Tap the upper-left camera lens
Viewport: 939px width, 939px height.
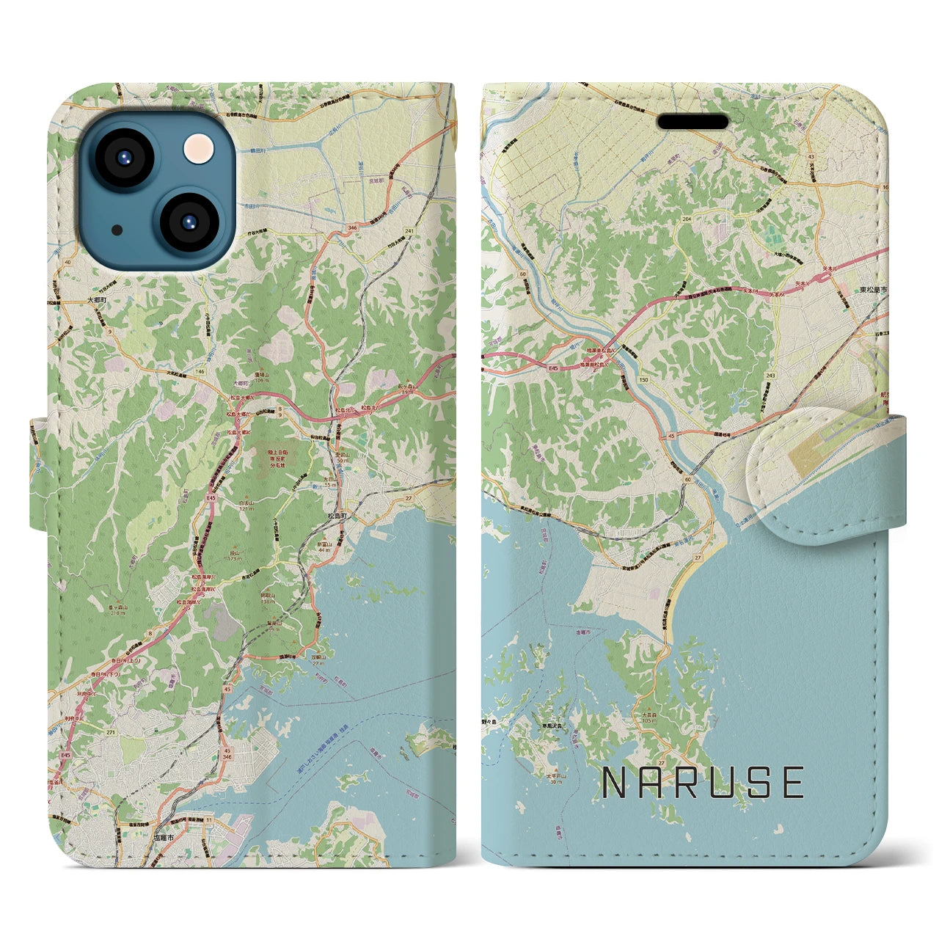pos(123,156)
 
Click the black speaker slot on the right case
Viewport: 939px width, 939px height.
pos(693,121)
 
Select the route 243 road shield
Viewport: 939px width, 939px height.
pos(770,376)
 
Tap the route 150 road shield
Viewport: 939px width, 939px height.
pos(643,380)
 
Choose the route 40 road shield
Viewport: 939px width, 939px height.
pos(68,261)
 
